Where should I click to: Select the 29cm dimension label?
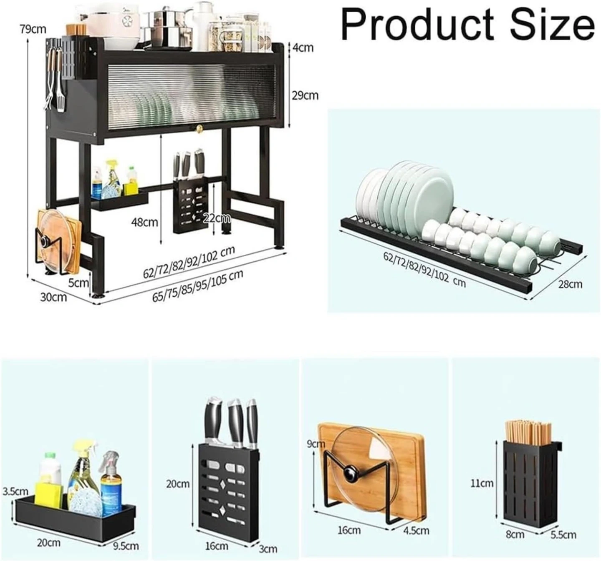(305, 95)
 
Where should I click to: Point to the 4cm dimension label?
(303, 48)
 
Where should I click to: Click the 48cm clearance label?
(145, 222)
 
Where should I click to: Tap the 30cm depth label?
(53, 297)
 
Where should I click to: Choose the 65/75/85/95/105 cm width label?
(198, 286)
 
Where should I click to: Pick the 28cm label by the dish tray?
(570, 284)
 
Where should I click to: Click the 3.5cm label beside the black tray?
(15, 491)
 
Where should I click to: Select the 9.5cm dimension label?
(126, 546)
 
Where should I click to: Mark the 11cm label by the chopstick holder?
(482, 483)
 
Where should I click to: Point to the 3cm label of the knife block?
(268, 548)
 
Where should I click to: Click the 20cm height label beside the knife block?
(178, 484)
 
